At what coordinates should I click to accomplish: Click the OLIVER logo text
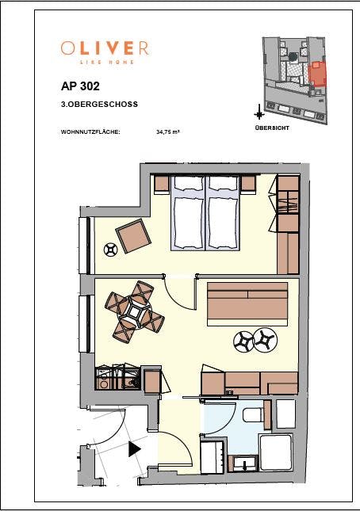pyautogui.click(x=104, y=48)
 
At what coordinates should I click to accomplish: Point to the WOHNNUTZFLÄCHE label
pyautogui.click(x=90, y=132)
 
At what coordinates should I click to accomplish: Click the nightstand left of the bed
pyautogui.click(x=161, y=184)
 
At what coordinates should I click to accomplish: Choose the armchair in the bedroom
pyautogui.click(x=132, y=235)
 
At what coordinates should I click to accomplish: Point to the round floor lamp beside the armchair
pyautogui.click(x=110, y=250)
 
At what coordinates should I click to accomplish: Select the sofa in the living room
pyautogui.click(x=247, y=303)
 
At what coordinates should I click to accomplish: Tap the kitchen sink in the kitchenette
pyautogui.click(x=128, y=382)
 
